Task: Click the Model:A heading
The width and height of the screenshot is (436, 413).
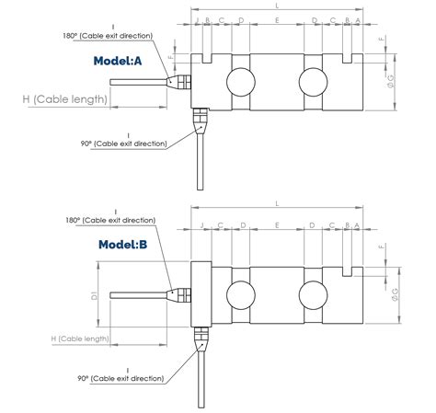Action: pos(118,61)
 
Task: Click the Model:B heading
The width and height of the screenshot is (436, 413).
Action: pos(123,245)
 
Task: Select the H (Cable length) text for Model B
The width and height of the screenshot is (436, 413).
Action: pos(80,338)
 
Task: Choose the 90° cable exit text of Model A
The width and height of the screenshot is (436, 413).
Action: pos(124,143)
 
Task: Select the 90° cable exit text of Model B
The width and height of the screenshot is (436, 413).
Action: pos(122,379)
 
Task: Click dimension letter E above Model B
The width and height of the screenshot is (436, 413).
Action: pos(277,225)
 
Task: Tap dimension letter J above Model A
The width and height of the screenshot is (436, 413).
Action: pos(197,19)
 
